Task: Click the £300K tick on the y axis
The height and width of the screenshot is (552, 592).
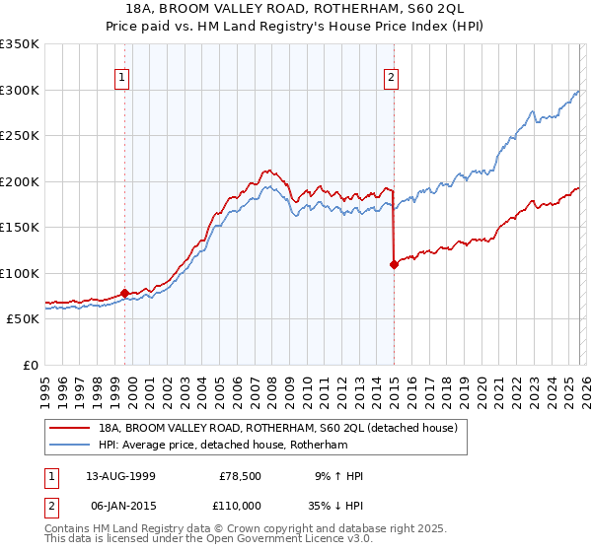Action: click(x=20, y=90)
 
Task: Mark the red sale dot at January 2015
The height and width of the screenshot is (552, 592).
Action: click(x=394, y=264)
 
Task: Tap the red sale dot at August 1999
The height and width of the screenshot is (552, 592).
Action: click(x=125, y=293)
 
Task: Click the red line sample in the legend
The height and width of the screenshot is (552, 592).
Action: click(x=69, y=429)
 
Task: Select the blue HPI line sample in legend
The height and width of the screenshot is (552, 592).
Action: click(x=69, y=447)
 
